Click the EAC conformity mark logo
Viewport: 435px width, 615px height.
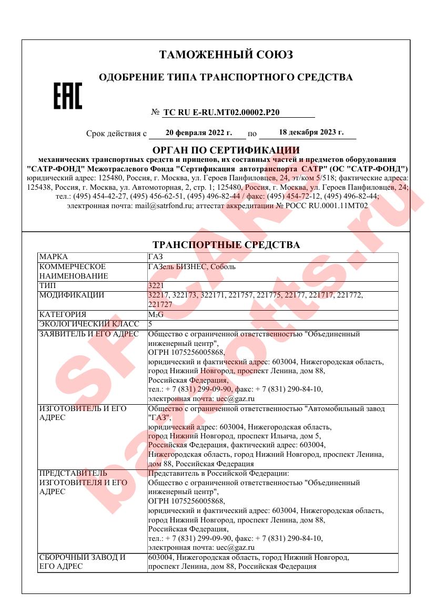(x=68, y=96)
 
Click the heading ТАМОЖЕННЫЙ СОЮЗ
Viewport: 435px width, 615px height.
(x=226, y=55)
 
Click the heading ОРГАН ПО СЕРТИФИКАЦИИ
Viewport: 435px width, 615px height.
(x=226, y=150)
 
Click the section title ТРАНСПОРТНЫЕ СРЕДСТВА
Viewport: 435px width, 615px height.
(x=226, y=245)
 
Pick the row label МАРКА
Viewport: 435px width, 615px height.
(x=53, y=257)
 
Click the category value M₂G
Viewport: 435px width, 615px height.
(x=156, y=314)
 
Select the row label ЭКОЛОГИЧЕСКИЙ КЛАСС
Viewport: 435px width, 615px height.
(x=88, y=324)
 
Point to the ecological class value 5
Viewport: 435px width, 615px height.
(x=150, y=324)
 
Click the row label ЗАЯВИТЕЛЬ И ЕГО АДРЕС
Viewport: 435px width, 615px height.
(x=88, y=334)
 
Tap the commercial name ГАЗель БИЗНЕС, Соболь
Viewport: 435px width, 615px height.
(x=192, y=266)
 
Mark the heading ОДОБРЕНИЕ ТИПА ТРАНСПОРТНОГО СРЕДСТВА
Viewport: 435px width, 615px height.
(x=226, y=78)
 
